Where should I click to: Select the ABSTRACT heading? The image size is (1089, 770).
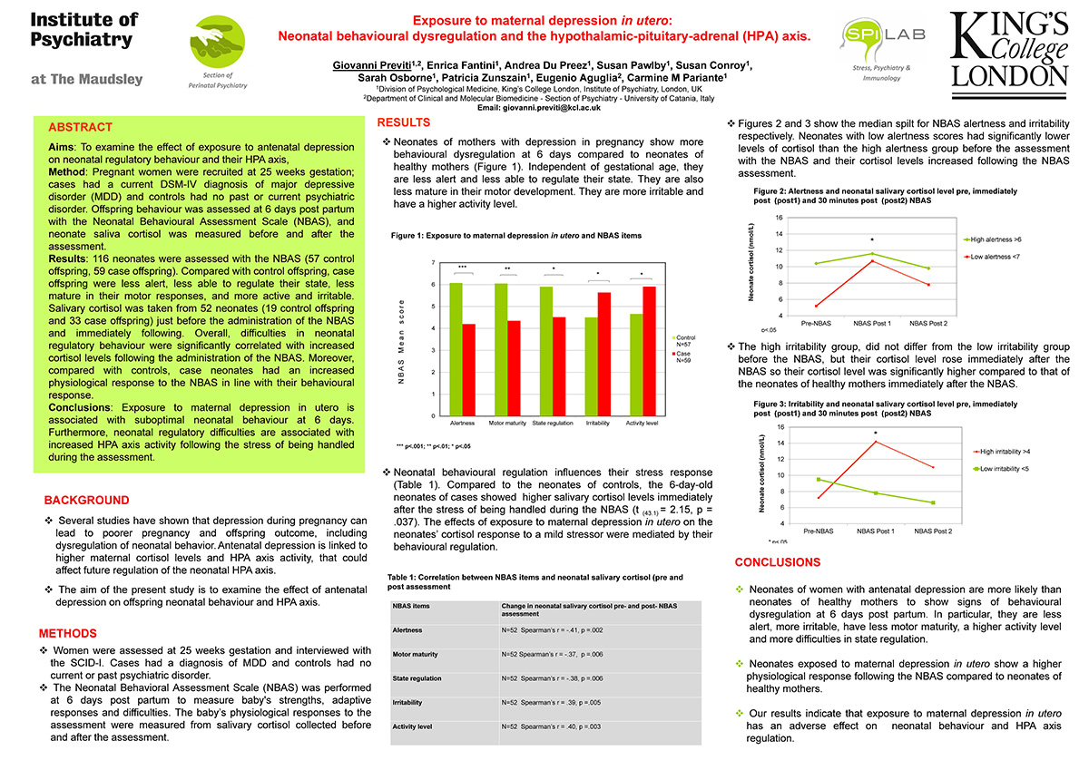(80, 128)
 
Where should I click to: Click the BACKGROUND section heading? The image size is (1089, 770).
(86, 501)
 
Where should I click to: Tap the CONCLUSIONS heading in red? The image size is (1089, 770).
(777, 563)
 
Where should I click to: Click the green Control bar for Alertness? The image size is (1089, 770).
(456, 349)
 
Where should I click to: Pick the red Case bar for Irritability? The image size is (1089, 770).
(603, 354)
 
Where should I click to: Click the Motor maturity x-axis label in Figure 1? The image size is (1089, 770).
(508, 424)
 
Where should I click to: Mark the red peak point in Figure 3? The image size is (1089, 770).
(874, 442)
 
